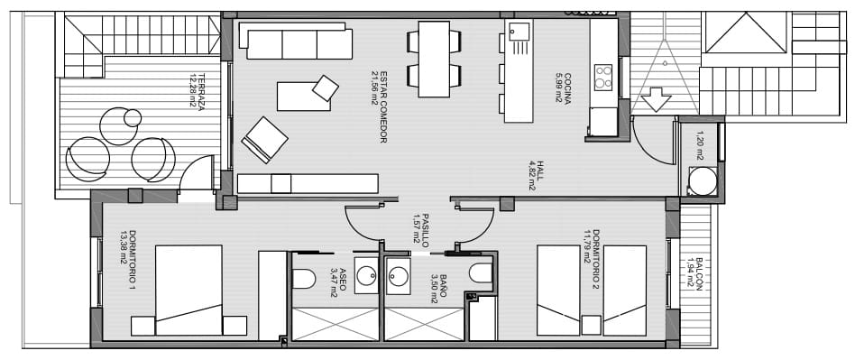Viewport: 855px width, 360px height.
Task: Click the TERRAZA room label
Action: [x=192, y=90]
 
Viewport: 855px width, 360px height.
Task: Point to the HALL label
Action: [x=532, y=176]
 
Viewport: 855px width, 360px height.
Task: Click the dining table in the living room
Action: [x=434, y=59]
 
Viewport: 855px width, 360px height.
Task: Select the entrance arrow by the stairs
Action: [x=655, y=97]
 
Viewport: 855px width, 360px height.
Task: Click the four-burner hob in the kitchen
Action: [x=603, y=77]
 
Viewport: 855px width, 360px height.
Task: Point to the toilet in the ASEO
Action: [x=304, y=277]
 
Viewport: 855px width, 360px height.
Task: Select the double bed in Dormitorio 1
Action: [x=189, y=291]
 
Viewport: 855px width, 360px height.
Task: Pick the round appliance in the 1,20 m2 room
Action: [x=703, y=181]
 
